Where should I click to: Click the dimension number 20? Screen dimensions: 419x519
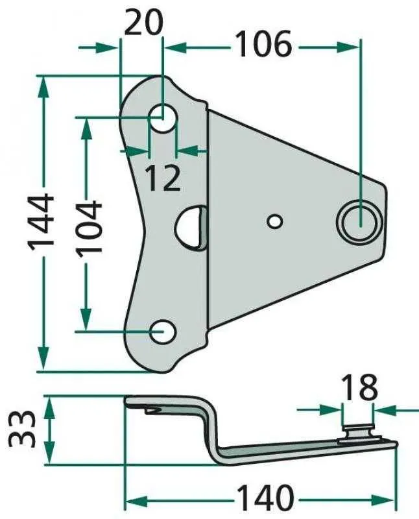pyautogui.click(x=143, y=22)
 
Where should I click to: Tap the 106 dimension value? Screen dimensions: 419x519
pyautogui.click(x=264, y=43)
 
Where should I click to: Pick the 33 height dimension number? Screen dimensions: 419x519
pyautogui.click(x=23, y=429)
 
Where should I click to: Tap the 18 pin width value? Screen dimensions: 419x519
pyautogui.click(x=359, y=387)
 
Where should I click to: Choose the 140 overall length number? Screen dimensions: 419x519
pyautogui.click(x=266, y=498)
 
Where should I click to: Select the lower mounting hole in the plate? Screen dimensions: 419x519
pyautogui.click(x=163, y=332)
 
